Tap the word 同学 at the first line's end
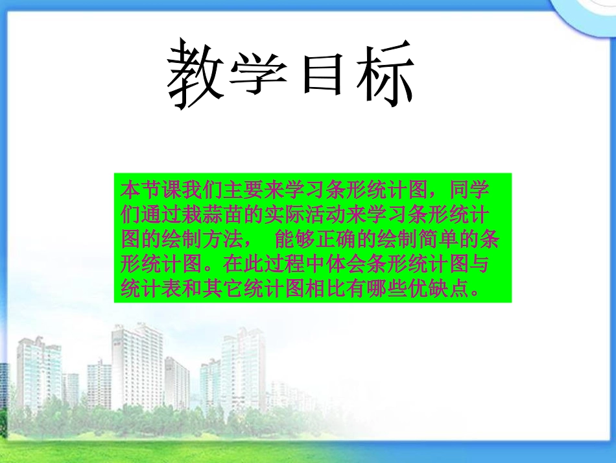[x=467, y=191]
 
